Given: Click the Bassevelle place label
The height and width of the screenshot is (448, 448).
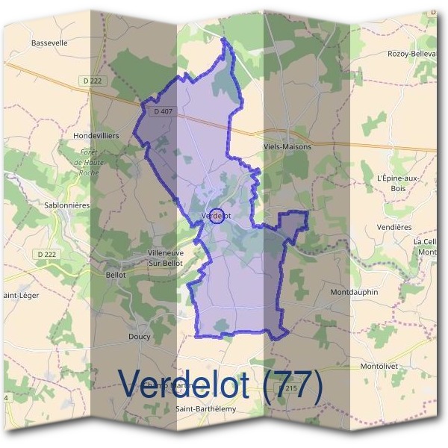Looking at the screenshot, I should pyautogui.click(x=49, y=43).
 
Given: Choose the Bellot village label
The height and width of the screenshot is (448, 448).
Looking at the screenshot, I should pyautogui.click(x=116, y=274).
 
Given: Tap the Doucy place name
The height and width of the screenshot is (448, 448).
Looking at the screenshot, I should pyautogui.click(x=140, y=336).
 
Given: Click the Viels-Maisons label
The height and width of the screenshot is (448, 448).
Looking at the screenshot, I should pyautogui.click(x=287, y=147).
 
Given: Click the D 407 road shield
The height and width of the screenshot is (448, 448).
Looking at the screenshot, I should pyautogui.click(x=155, y=111).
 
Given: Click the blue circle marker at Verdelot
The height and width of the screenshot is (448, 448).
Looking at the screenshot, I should pyautogui.click(x=217, y=216).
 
